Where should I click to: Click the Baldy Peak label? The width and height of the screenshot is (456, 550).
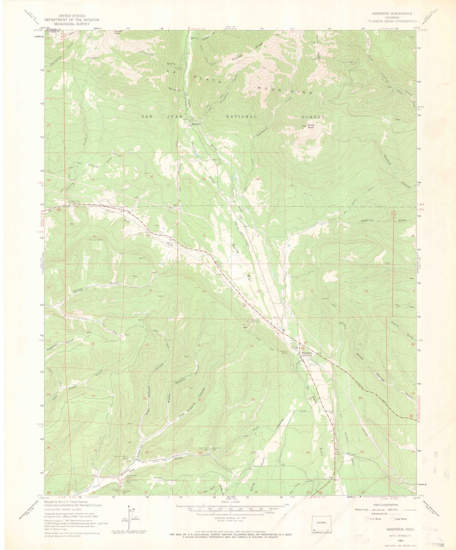coord(311,126)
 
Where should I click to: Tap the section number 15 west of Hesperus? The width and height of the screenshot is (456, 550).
coord(252,346)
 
